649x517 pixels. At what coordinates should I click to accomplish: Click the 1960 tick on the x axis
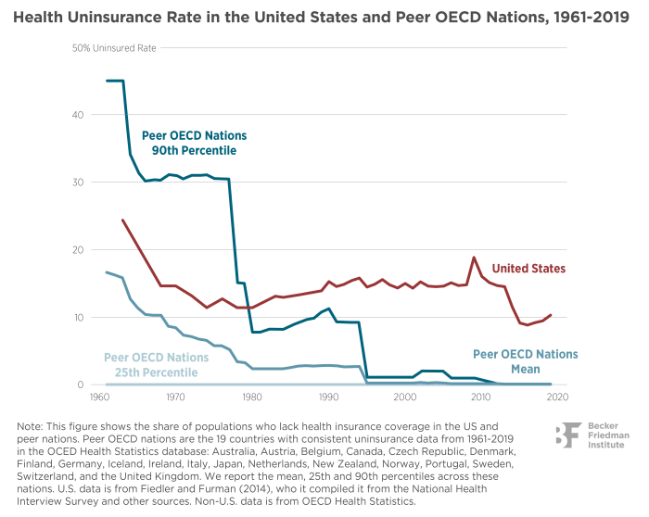(x=96, y=397)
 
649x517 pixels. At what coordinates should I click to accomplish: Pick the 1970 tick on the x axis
(x=173, y=397)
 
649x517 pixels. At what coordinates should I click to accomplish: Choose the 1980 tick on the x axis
(x=250, y=397)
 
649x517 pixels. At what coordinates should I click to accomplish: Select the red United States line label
(x=529, y=269)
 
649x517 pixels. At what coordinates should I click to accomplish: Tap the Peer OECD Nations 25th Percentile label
(x=149, y=364)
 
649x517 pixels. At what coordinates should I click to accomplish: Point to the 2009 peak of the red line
(x=474, y=258)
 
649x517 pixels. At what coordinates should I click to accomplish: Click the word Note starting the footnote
(x=28, y=425)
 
